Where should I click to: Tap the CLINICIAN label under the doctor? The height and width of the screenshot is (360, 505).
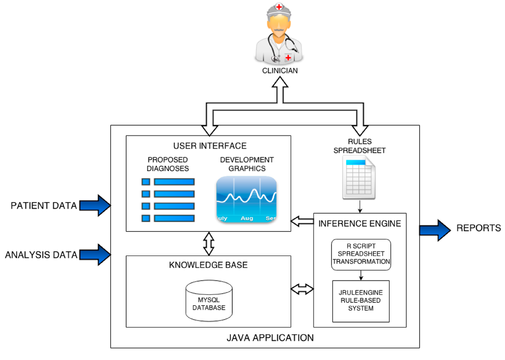tap(280, 71)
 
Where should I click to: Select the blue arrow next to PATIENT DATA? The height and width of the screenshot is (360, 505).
tap(95, 205)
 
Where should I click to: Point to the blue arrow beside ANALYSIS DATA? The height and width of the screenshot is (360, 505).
tap(95, 254)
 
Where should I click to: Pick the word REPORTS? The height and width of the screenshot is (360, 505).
tap(478, 228)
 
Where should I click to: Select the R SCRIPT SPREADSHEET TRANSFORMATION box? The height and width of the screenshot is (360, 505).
tap(361, 254)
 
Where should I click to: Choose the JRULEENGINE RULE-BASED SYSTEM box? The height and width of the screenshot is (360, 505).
tap(361, 301)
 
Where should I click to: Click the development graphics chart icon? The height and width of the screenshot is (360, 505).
tap(247, 199)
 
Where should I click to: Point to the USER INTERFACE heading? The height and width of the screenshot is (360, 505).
tap(210, 146)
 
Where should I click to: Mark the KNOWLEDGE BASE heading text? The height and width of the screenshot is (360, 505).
tap(208, 265)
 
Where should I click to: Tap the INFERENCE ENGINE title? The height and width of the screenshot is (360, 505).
tap(360, 224)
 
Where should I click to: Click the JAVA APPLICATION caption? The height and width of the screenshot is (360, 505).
tap(270, 338)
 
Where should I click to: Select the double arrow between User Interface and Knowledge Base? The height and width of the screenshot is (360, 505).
tap(209, 244)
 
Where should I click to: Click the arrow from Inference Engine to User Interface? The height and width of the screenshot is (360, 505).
tap(302, 221)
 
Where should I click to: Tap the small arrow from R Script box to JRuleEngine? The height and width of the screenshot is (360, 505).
tap(361, 275)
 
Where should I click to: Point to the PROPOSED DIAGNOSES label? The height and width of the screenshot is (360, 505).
tap(168, 164)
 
